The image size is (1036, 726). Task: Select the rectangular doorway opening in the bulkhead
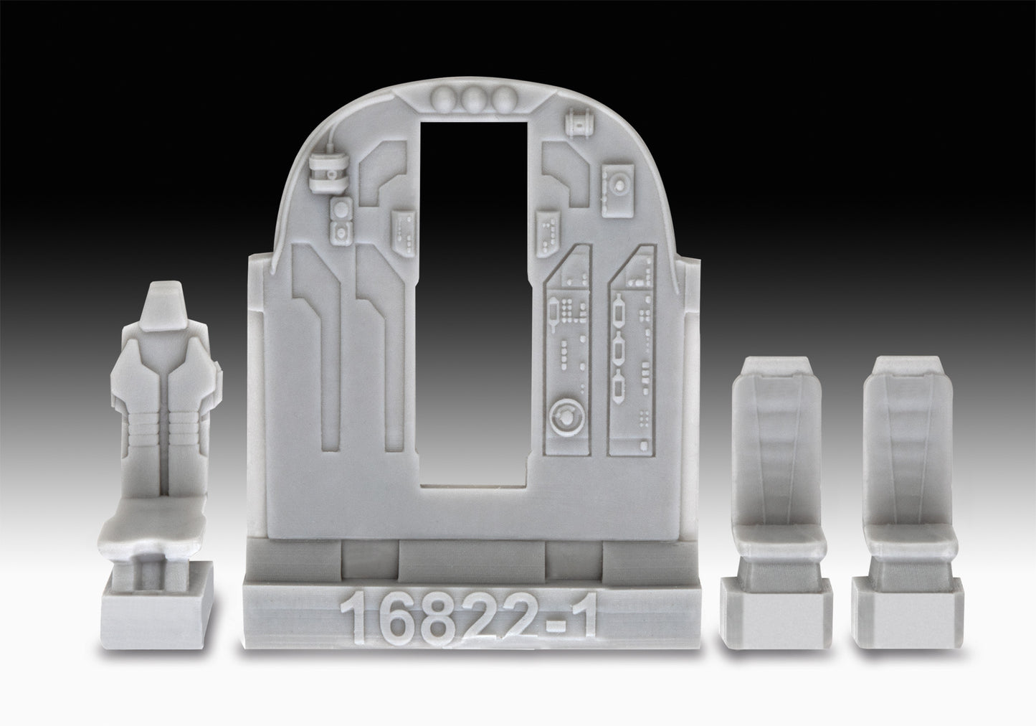[474, 301]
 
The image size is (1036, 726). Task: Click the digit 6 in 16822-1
[394, 619]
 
